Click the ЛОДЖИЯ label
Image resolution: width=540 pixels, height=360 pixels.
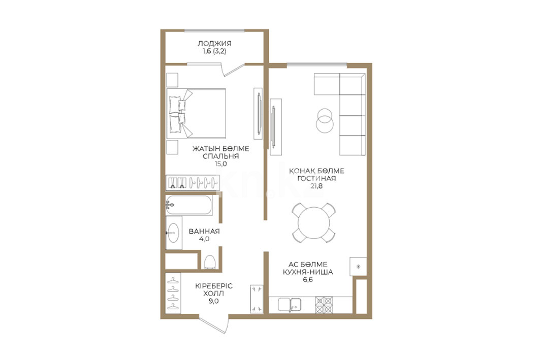pyautogui.click(x=214, y=44)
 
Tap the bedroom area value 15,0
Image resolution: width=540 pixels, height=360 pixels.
pyautogui.click(x=221, y=164)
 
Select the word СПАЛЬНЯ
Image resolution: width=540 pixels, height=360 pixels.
pyautogui.click(x=221, y=156)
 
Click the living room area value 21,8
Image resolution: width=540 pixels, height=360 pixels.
pyautogui.click(x=316, y=186)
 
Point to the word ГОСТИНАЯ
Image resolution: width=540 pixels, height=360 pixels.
pyautogui.click(x=316, y=179)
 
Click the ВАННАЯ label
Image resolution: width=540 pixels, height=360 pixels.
pyautogui.click(x=204, y=231)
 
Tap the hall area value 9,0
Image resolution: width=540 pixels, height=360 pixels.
pyautogui.click(x=213, y=301)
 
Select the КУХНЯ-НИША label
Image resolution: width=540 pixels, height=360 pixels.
pyautogui.click(x=308, y=272)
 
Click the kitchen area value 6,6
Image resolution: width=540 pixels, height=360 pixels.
pyautogui.click(x=308, y=280)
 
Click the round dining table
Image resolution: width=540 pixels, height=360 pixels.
pyautogui.click(x=314, y=223)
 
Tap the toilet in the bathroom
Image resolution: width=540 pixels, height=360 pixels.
pyautogui.click(x=209, y=261)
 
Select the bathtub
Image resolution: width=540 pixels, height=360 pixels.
pyautogui.click(x=189, y=205)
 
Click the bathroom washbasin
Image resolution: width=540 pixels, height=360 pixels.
pyautogui.click(x=173, y=233)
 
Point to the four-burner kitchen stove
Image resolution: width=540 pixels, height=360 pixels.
pyautogui.click(x=324, y=305)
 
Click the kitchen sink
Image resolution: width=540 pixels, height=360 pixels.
pyautogui.click(x=290, y=305)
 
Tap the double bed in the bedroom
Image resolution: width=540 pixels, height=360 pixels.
pyautogui.click(x=196, y=114)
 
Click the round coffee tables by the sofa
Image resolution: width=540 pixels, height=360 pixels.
pyautogui.click(x=325, y=120)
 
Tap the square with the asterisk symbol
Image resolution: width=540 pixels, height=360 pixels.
pyautogui.click(x=358, y=267)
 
